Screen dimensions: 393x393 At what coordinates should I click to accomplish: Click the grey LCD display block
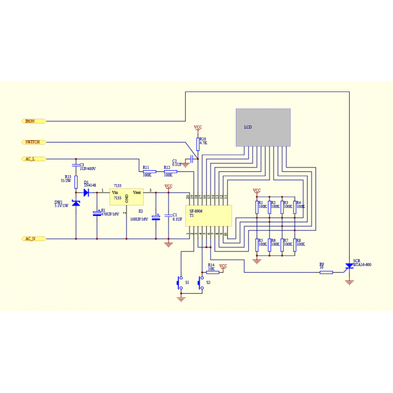263,127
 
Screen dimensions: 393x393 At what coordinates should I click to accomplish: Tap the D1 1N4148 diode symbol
86,192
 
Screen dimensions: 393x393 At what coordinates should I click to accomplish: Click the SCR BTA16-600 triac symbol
349,270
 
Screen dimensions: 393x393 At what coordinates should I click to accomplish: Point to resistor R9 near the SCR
326,272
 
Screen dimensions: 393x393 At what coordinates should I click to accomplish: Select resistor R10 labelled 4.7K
198,143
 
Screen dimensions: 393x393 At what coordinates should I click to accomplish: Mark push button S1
181,282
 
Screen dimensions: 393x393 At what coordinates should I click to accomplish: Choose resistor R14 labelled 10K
212,272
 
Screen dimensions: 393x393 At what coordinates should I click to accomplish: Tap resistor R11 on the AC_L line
149,172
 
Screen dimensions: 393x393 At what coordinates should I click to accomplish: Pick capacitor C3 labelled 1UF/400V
76,165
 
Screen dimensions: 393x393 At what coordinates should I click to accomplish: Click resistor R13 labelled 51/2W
76,181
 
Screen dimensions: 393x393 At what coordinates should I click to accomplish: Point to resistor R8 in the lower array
294,244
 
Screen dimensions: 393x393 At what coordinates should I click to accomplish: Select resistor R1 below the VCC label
257,207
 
